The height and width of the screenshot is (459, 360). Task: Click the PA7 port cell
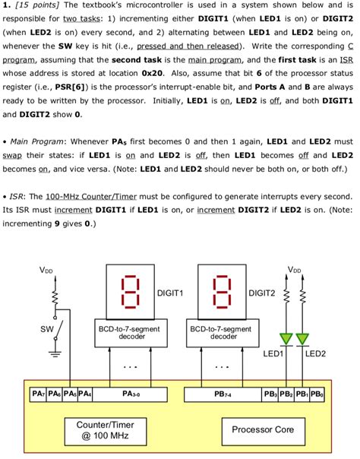[x=38, y=394]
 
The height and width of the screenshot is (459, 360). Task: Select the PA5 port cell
[x=69, y=394]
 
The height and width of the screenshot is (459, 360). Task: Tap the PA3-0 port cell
[x=131, y=394]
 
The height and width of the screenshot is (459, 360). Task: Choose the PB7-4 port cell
[x=223, y=394]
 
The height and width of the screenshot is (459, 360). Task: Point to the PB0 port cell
[x=317, y=394]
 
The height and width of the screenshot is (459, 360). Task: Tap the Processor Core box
[x=263, y=429]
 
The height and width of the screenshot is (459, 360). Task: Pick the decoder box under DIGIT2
[x=223, y=332]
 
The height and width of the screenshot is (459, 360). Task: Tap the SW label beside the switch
[x=46, y=329]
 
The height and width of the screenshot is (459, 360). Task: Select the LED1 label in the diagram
[x=273, y=354]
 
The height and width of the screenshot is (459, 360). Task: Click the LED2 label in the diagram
[x=315, y=354]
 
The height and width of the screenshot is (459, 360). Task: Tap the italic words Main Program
[x=39, y=141]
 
